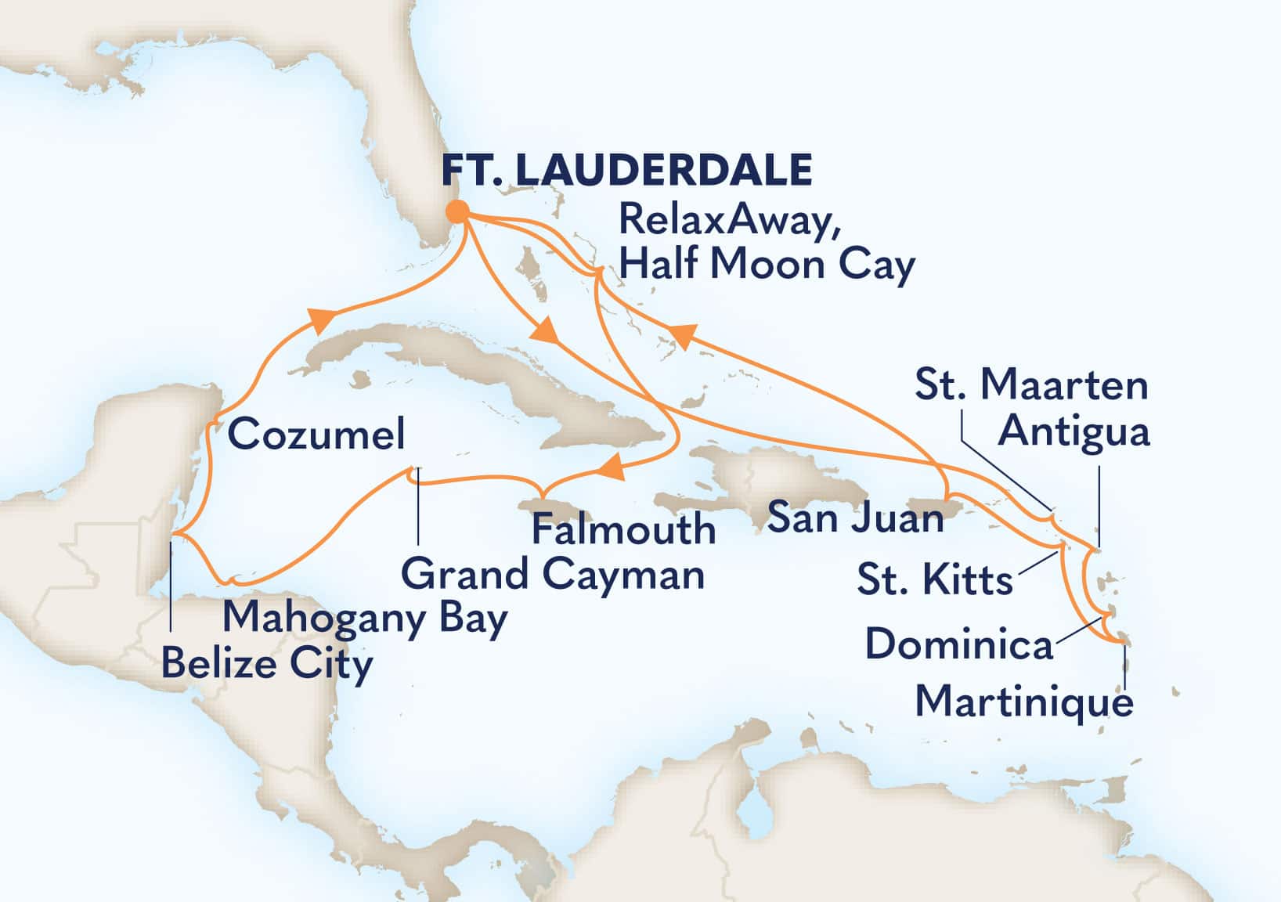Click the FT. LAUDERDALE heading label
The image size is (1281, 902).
(626, 169)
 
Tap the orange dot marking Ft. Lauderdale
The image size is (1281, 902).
(457, 211)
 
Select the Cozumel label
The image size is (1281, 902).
(316, 434)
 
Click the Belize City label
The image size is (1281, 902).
(267, 666)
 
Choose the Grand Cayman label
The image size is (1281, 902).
(553, 575)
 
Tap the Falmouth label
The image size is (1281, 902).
(623, 530)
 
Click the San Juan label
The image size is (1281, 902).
(855, 518)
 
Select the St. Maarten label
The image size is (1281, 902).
(1031, 385)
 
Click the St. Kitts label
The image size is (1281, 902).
(935, 581)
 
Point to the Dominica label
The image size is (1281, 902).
(959, 646)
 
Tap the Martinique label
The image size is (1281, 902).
(1024, 701)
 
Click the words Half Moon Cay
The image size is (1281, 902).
(766, 265)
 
